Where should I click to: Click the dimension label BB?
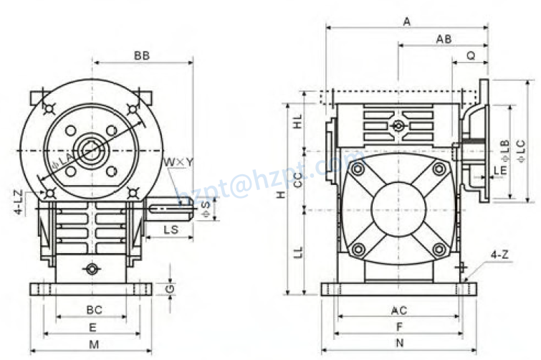click(x=141, y=55)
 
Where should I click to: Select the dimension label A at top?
click(x=406, y=22)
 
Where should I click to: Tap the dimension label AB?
click(x=444, y=39)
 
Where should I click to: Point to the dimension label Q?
click(x=471, y=55)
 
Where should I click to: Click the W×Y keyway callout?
click(x=178, y=162)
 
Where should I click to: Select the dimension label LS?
click(x=171, y=229)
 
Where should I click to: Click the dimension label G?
click(x=169, y=288)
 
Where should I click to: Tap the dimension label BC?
click(x=94, y=311)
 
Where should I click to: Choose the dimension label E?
click(x=92, y=327)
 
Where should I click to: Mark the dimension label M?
click(x=93, y=344)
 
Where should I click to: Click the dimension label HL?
click(x=297, y=122)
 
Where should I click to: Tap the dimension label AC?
click(x=399, y=311)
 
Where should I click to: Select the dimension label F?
click(x=398, y=326)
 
